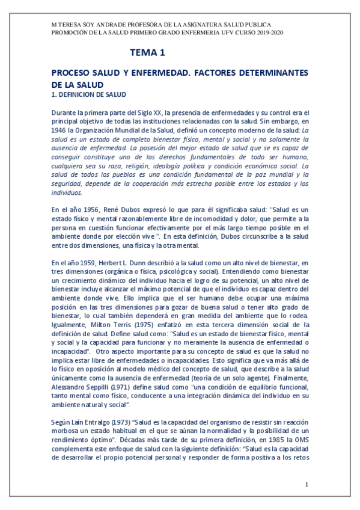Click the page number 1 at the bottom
tap(307, 485)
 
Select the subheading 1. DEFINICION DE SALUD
tap(88, 94)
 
